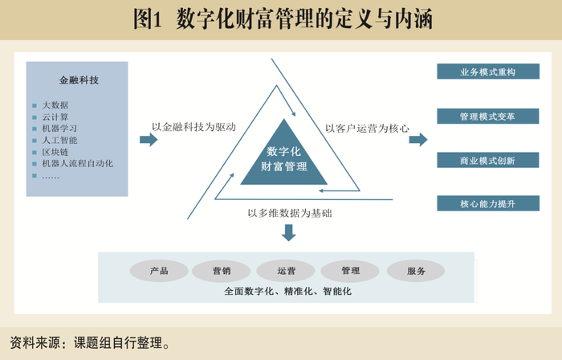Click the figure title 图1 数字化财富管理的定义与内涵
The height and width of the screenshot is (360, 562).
282,19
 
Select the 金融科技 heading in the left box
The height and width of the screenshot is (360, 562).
79,80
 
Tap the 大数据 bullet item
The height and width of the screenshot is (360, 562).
55,105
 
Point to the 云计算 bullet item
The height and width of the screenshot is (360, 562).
55,117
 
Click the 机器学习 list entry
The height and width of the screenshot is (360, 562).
59,129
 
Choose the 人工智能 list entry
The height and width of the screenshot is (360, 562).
59,140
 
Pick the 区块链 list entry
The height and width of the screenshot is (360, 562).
55,152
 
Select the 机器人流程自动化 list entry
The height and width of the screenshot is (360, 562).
77,163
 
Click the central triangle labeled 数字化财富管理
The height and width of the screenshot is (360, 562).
284,158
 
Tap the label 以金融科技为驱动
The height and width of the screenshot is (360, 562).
193,127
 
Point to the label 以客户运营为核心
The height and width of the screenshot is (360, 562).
367,128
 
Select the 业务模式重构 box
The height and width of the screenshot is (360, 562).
487,72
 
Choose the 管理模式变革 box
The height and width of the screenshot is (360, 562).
487,117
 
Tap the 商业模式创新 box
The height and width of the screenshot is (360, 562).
487,161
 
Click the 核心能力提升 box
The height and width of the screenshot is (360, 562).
487,204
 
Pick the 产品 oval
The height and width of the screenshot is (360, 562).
159,271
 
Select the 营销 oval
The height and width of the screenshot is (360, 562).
222,271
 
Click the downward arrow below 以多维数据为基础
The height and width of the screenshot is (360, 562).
289,232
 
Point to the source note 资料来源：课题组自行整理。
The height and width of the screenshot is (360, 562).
91,344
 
